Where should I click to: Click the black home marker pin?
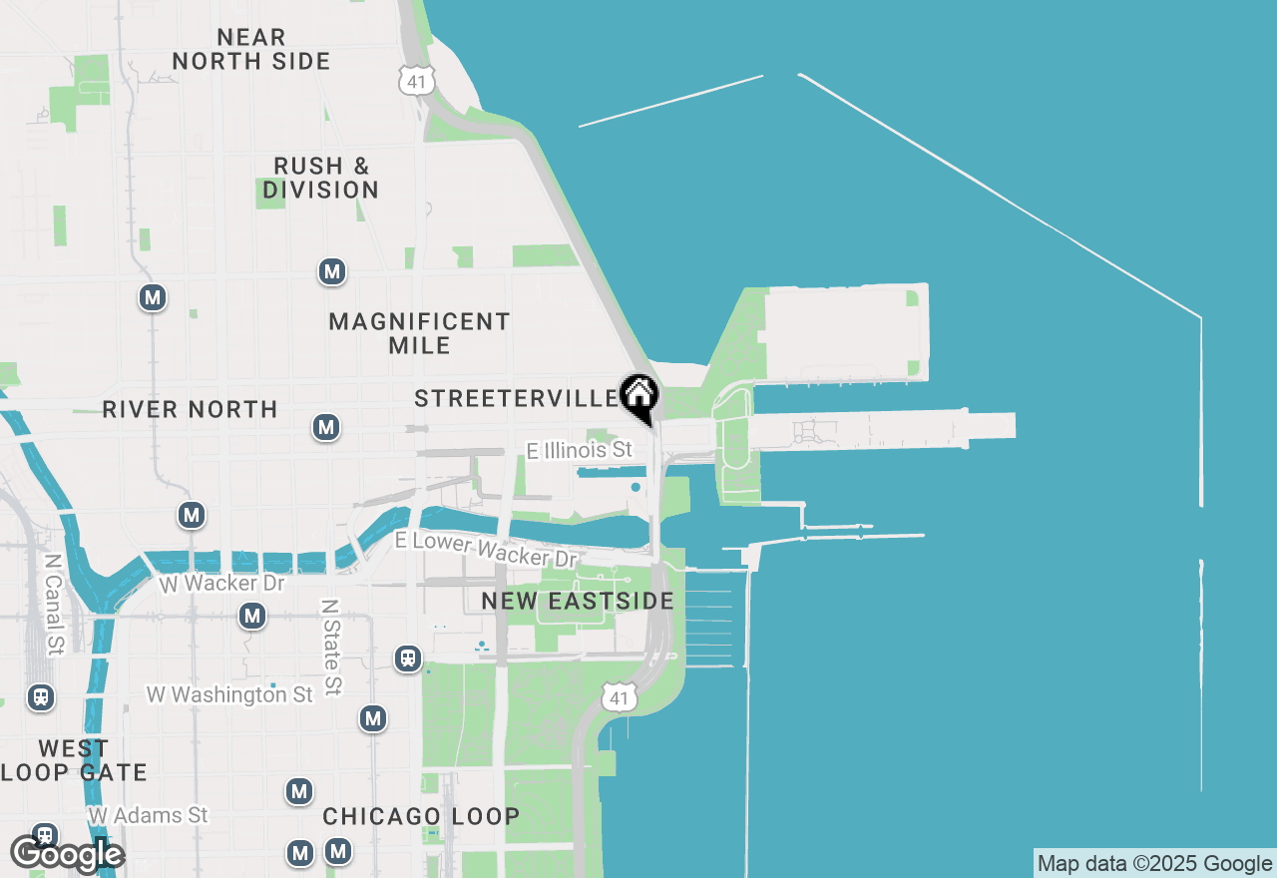tap(638, 396)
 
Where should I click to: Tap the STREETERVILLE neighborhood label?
tap(517, 399)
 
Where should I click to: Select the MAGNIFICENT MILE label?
tap(420, 333)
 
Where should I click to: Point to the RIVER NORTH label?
tap(190, 409)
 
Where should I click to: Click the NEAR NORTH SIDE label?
tap(251, 49)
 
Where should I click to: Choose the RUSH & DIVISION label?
tap(321, 178)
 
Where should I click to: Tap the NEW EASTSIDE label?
tap(578, 601)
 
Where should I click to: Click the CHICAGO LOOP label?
tap(421, 816)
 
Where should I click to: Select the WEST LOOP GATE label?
tap(74, 760)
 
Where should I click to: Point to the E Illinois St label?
tap(580, 451)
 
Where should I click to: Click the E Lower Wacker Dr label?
tap(487, 548)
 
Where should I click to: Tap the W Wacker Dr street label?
tap(222, 583)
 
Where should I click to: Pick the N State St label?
tap(330, 648)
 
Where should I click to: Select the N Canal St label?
tap(54, 606)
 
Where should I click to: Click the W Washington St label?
tap(229, 694)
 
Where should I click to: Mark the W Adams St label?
tap(148, 816)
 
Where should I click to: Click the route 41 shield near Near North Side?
tap(415, 81)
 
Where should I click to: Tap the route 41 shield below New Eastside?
tap(620, 697)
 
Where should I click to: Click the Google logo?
tap(66, 854)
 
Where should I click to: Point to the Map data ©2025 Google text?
tap(1154, 864)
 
